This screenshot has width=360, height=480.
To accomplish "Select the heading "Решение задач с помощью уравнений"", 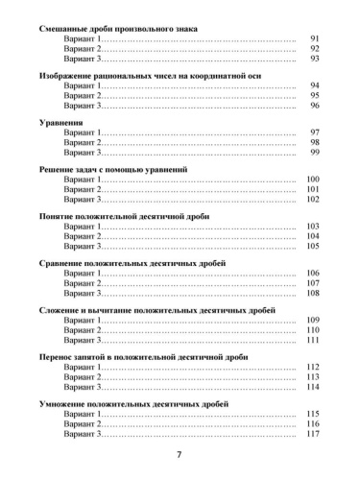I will tap(112, 169).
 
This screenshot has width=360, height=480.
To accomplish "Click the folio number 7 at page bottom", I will tap(180, 454).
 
